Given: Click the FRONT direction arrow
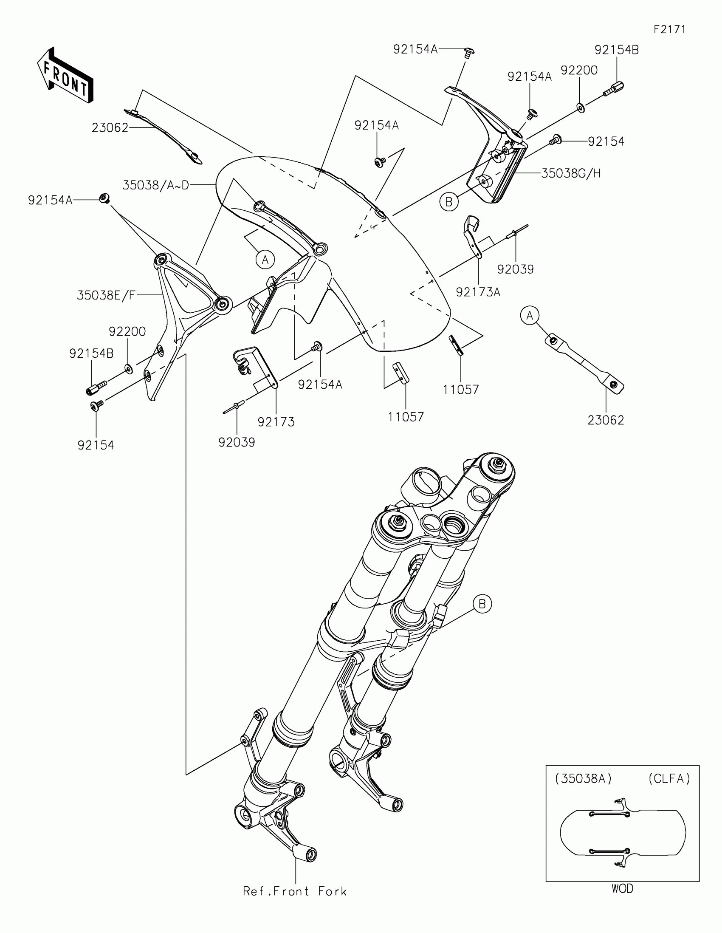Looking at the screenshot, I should (65, 75).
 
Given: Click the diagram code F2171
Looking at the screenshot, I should (669, 29).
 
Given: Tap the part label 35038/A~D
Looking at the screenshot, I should (155, 185).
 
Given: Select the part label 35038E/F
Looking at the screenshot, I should (106, 295).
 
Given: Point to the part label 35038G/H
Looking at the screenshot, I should (571, 173).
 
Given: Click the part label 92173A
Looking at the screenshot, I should (478, 292).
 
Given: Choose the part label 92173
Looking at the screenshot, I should (276, 422).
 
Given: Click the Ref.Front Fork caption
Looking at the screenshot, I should (295, 891).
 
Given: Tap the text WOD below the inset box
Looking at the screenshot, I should (622, 889).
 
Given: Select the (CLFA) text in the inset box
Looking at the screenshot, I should (668, 779).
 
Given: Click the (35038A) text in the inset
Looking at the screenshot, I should (583, 779).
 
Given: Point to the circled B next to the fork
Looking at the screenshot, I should (482, 604).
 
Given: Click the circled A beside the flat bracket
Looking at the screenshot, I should (530, 316).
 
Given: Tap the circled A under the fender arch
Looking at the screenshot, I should (265, 259).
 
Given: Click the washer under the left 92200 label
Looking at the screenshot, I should (128, 368).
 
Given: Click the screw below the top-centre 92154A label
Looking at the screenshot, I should (379, 162).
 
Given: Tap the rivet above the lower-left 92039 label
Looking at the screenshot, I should (234, 407).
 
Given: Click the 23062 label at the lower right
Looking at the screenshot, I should (606, 420).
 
